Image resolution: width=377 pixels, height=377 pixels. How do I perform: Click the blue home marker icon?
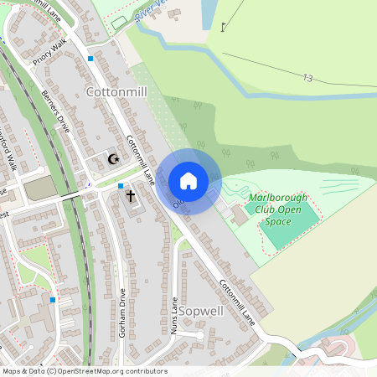pos(188,181)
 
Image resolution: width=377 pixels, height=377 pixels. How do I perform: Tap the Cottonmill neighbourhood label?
pos(116,91)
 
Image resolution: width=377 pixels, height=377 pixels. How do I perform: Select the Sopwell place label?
pos(201,311)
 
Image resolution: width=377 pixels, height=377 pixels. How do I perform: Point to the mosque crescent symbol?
pos(114,158)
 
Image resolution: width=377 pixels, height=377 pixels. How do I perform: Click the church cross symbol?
pos(130,198)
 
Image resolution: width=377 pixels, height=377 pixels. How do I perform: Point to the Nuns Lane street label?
pos(174,317)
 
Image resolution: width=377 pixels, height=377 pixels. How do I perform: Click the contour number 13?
pos(308,78)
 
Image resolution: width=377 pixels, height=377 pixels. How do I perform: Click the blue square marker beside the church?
pos(121,186)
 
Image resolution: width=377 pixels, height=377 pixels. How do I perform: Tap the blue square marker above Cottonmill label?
pos(90,59)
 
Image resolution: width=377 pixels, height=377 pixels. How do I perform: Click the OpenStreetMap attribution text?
pos(84,371)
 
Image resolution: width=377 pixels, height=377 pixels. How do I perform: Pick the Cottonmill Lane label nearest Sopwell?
pos(237,300)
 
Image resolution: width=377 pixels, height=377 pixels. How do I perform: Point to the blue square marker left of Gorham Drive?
pos(53,299)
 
